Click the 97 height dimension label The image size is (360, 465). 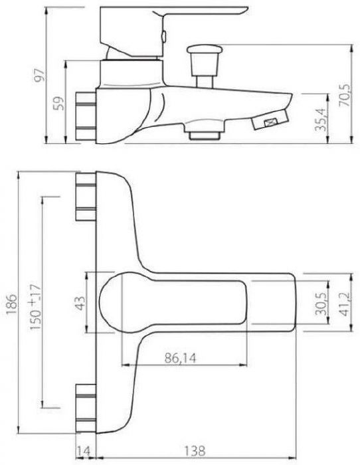tap(39, 75)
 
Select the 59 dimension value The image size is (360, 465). tap(58, 103)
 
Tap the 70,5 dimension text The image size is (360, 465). tap(345, 95)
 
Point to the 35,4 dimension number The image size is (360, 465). tap(321, 120)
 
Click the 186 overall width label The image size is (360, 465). tap(12, 304)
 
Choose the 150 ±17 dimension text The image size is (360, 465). tap(36, 307)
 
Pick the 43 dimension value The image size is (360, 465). tap(80, 303)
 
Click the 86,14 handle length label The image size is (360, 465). tap(180, 358)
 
